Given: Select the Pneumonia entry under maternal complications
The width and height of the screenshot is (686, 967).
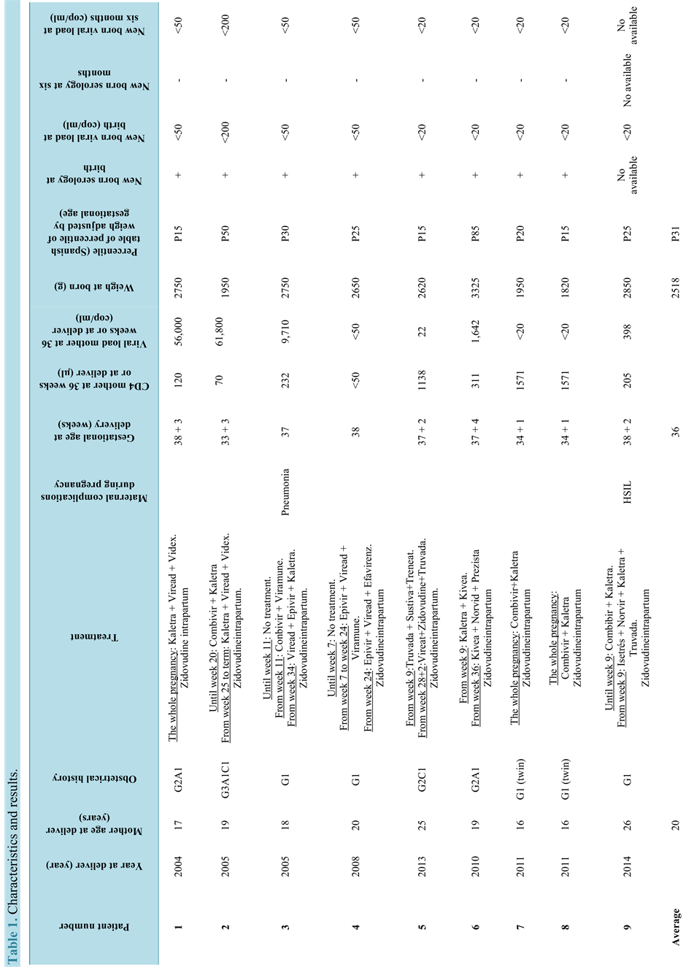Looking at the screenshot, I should [x=285, y=492].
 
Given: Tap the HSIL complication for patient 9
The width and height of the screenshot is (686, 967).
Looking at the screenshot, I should [x=627, y=492].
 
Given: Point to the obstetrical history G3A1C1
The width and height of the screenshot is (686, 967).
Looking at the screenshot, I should [x=226, y=779].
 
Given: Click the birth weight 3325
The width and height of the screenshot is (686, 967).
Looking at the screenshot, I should [x=475, y=287].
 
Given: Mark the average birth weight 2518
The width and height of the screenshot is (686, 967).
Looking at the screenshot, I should [x=676, y=287].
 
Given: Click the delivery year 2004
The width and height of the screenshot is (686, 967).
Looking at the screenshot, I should [x=178, y=866].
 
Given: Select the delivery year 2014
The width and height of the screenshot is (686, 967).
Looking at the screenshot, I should [x=627, y=866].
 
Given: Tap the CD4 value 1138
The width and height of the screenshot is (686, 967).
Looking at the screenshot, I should [x=422, y=380].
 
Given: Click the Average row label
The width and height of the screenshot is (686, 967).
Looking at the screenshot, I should [x=676, y=927].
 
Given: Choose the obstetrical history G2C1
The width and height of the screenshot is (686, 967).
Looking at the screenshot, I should [x=422, y=779].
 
